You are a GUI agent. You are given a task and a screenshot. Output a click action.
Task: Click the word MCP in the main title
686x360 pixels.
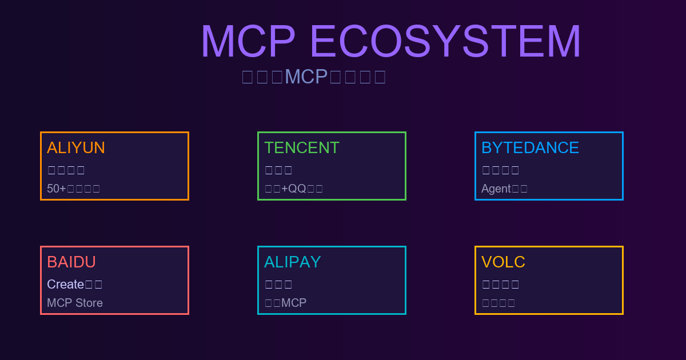(x=248, y=42)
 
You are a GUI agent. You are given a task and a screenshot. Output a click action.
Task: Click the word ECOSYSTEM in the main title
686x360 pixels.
(x=445, y=42)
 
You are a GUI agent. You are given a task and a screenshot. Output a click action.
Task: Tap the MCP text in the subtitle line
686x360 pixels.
(x=306, y=77)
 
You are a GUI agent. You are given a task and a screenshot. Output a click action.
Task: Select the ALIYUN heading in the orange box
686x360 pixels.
(x=76, y=148)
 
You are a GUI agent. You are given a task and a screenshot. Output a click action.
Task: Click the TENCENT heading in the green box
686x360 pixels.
(x=302, y=148)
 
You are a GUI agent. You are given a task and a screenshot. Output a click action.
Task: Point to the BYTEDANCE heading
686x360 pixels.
(x=530, y=148)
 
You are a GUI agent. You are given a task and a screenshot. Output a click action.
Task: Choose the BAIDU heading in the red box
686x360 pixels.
(x=71, y=262)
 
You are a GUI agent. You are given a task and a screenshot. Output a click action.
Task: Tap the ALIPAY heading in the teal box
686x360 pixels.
(x=293, y=262)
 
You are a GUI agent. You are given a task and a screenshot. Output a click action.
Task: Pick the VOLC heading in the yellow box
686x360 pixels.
(x=503, y=262)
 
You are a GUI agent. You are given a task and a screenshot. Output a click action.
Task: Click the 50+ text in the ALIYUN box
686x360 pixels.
(x=57, y=189)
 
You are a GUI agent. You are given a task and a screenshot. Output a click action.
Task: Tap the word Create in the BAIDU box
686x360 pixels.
(x=65, y=284)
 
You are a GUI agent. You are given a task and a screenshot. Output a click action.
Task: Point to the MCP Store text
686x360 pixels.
(x=75, y=303)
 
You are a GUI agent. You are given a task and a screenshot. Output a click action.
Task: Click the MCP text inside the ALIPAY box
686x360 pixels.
(x=294, y=303)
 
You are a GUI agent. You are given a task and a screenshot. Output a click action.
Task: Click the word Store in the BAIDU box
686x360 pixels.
(x=88, y=303)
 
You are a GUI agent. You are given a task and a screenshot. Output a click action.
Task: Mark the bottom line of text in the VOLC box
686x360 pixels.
(x=498, y=303)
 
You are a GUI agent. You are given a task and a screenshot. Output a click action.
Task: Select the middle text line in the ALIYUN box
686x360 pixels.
(x=66, y=170)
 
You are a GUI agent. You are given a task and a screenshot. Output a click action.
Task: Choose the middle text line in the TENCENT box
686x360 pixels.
(x=279, y=170)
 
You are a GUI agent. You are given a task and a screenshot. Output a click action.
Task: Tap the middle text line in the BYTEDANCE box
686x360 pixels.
(x=501, y=170)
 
